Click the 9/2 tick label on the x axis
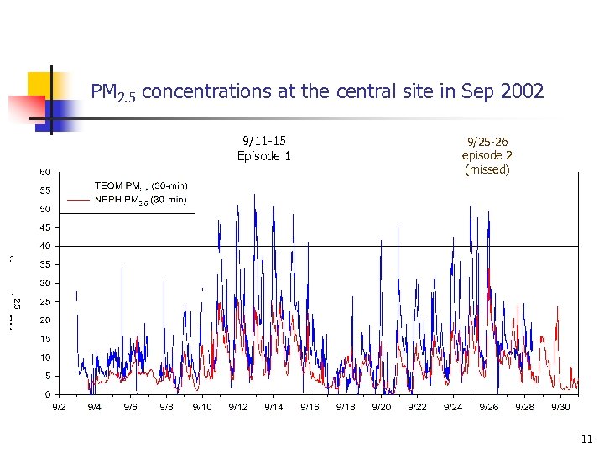(x=59, y=407)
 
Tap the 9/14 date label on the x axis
(x=273, y=407)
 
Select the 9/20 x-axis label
(x=381, y=407)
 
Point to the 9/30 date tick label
(x=560, y=407)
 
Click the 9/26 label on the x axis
(x=488, y=407)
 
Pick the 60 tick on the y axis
(x=45, y=172)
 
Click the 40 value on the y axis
(x=45, y=246)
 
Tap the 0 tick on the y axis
(x=48, y=394)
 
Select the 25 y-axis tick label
(x=45, y=301)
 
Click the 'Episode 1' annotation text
(x=263, y=156)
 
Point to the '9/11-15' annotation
(x=263, y=141)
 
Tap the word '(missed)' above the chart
(x=487, y=169)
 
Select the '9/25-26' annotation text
(x=487, y=141)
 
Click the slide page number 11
(x=586, y=438)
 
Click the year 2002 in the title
(x=519, y=91)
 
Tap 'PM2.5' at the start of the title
(x=113, y=91)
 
